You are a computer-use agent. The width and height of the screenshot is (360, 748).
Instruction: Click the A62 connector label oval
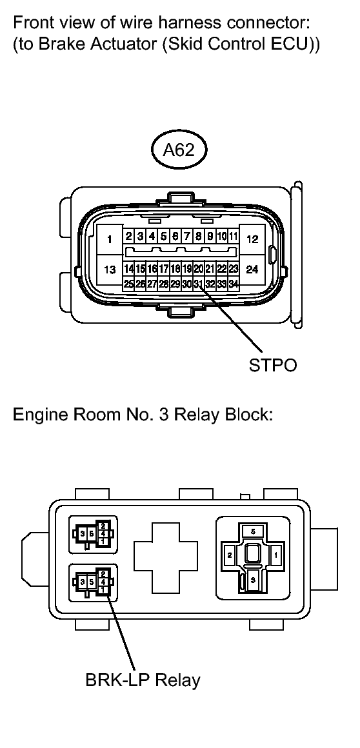click(179, 150)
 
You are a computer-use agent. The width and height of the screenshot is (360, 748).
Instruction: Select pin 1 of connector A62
click(109, 239)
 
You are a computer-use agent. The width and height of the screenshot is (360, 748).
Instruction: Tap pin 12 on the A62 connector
click(252, 239)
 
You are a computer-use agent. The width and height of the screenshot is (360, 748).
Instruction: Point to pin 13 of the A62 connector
click(109, 270)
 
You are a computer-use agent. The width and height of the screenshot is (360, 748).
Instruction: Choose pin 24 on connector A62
click(252, 270)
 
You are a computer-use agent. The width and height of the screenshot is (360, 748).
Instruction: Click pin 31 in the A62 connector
click(198, 284)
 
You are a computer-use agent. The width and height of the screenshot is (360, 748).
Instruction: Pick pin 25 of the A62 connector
click(128, 284)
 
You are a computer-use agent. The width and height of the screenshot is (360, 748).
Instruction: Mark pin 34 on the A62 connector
click(234, 284)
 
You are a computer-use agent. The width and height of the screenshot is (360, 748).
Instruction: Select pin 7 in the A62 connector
click(186, 236)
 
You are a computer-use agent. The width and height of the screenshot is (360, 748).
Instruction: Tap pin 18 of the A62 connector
click(175, 269)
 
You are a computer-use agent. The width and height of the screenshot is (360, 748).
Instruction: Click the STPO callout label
click(273, 365)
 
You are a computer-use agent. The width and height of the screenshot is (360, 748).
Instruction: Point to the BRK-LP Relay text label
click(143, 679)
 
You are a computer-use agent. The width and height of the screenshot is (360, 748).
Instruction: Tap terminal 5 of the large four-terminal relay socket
click(254, 531)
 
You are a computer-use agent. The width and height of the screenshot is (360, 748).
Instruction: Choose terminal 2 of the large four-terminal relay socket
click(230, 555)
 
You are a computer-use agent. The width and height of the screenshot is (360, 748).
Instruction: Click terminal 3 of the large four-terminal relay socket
click(254, 578)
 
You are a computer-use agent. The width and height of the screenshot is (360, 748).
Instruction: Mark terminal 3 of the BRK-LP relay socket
click(83, 582)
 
